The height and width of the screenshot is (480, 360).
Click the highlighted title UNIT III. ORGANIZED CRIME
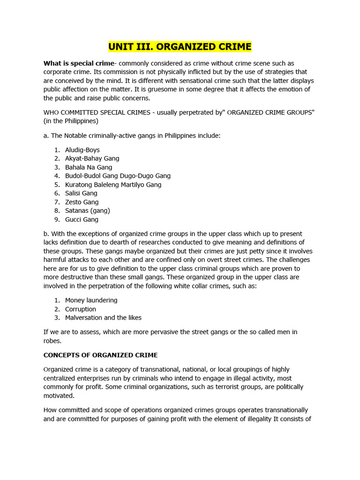coord(180,47)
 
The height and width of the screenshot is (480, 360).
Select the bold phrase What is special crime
coord(79,63)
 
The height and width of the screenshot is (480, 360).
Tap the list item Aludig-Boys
coord(82,150)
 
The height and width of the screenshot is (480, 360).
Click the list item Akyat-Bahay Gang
coord(92,158)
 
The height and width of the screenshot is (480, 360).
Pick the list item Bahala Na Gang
coord(89,167)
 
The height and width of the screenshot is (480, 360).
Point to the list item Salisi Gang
coord(81,193)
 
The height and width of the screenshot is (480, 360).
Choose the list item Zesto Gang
coord(82,202)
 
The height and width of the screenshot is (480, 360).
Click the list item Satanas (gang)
coord(87,210)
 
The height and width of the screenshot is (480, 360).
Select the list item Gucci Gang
coord(82,219)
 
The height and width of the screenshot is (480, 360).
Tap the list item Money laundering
coord(91,300)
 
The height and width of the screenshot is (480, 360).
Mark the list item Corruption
coord(80,309)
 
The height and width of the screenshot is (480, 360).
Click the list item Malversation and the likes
coord(103,317)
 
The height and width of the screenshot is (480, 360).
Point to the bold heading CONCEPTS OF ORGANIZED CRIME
coord(100,355)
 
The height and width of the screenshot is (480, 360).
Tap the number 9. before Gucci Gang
coord(56,219)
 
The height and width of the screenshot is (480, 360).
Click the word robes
coord(52,341)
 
